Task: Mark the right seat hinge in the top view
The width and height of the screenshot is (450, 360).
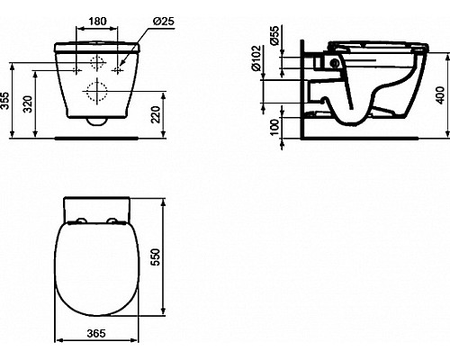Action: pyautogui.click(x=115, y=220)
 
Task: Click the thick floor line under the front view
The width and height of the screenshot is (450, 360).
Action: pyautogui.click(x=99, y=138)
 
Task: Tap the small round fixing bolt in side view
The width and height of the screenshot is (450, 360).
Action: pyautogui.click(x=336, y=64)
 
